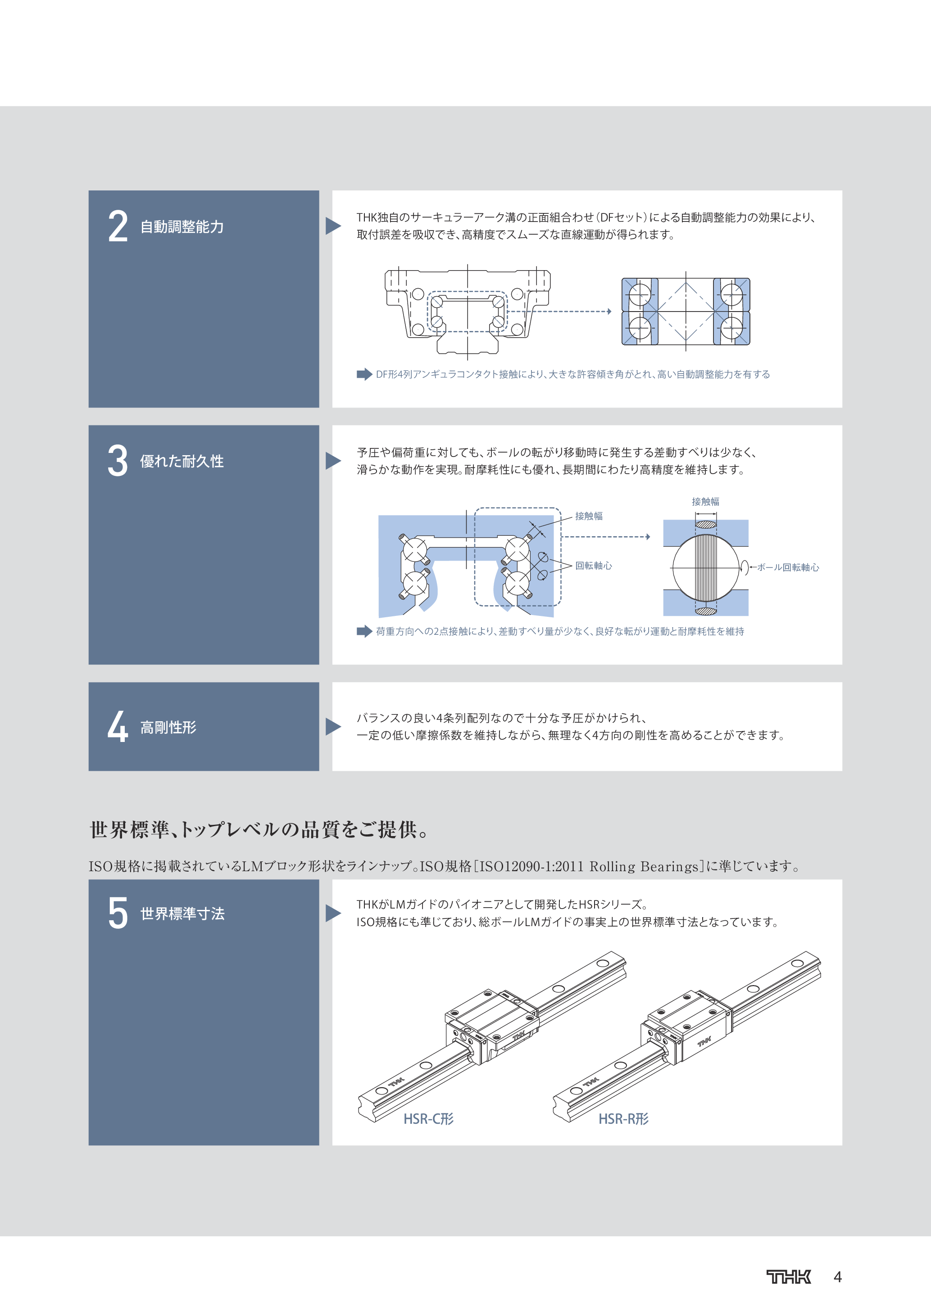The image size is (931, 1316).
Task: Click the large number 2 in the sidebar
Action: coord(118,226)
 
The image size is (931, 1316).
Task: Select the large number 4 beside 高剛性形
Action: coord(118,727)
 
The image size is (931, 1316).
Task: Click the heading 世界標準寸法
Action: coord(182,914)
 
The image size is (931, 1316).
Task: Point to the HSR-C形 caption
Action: coord(428,1119)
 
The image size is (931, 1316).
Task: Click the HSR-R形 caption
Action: coord(623,1119)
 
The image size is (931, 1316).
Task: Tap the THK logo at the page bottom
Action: coord(788,1276)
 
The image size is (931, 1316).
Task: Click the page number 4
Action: coord(838,1277)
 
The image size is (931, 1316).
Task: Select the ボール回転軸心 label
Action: coord(788,567)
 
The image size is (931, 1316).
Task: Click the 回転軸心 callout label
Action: coord(593,566)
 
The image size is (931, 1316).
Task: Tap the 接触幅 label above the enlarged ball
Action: coord(705,502)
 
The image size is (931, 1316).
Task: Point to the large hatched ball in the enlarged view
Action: coord(706,567)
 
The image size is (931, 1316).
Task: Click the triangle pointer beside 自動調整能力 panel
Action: coord(332,226)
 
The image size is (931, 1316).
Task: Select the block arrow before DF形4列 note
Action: coord(364,374)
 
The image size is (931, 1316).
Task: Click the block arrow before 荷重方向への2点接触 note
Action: coord(364,631)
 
